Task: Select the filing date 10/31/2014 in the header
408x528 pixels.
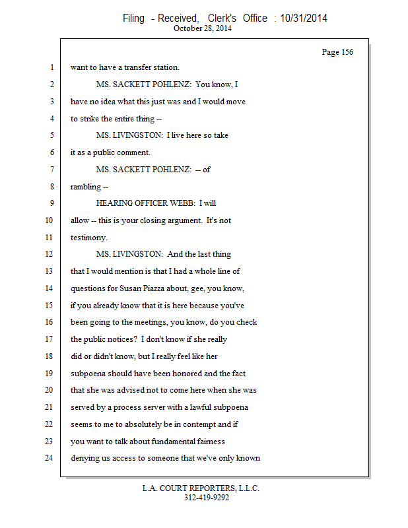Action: (x=304, y=18)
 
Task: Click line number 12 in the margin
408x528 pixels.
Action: (x=51, y=254)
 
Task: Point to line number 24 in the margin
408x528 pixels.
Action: (x=51, y=457)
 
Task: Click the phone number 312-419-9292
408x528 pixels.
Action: (x=207, y=498)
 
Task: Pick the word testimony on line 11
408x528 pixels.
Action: (x=88, y=238)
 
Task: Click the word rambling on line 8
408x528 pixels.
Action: (x=86, y=187)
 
